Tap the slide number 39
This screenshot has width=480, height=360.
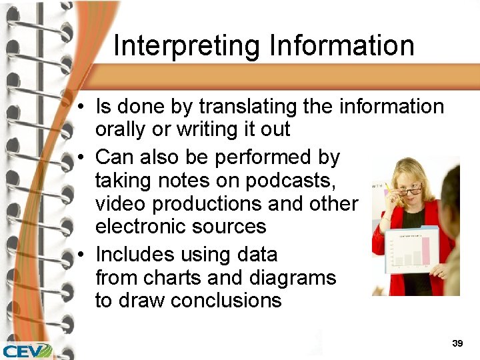pyautogui.click(x=457, y=343)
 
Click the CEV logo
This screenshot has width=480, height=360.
pyautogui.click(x=27, y=350)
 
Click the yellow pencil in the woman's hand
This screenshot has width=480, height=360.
pyautogui.click(x=388, y=188)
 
